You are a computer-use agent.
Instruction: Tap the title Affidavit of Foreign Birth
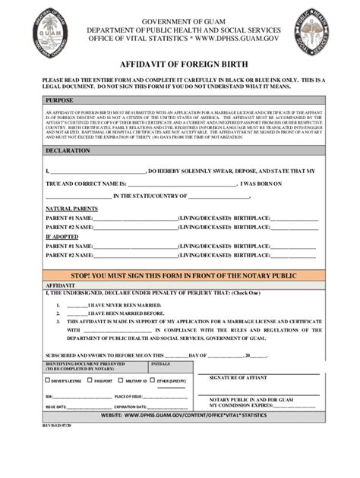tap(179, 66)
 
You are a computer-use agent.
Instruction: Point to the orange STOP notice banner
tap(179, 275)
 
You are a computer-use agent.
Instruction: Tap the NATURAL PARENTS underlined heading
tap(71, 208)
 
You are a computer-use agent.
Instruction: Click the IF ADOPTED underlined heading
tap(62, 237)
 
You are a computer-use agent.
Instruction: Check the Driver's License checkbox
tap(48, 380)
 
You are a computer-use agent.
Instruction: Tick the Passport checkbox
tap(90, 380)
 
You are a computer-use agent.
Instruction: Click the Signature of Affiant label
tap(238, 377)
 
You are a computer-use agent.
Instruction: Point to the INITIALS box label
tap(161, 364)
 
